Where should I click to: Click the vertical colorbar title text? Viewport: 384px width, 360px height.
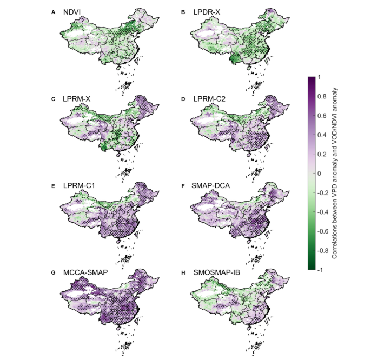(x=336, y=174)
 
